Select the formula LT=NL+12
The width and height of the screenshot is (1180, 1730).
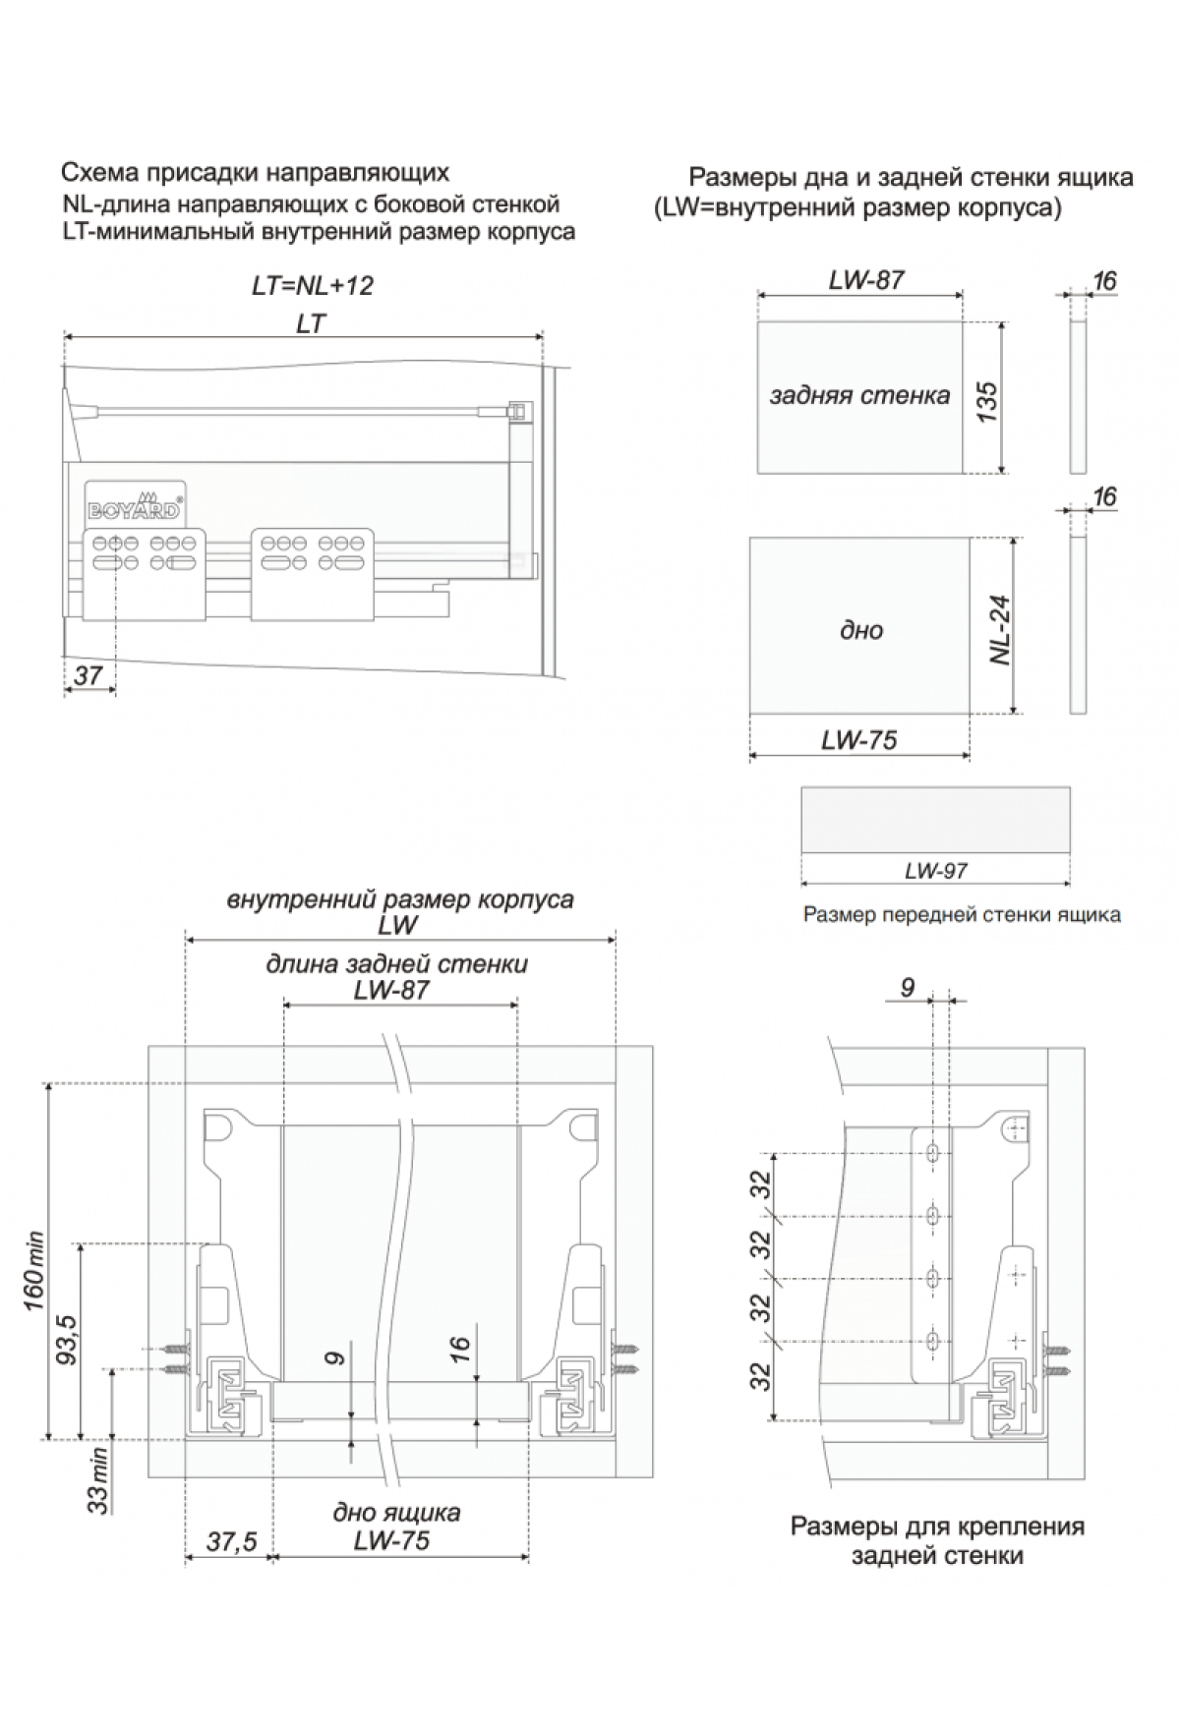click(x=313, y=286)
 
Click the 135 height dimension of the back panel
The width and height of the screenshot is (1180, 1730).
click(x=985, y=401)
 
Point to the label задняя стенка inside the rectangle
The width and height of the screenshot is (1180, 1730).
click(x=859, y=395)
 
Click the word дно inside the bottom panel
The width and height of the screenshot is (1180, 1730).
click(x=861, y=630)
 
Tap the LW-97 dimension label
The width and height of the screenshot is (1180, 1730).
click(x=936, y=870)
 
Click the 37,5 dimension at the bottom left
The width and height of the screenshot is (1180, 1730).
click(x=231, y=1542)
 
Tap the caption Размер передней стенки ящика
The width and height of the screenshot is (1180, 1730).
click(x=962, y=915)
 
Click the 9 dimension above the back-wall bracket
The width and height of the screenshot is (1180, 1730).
click(x=907, y=987)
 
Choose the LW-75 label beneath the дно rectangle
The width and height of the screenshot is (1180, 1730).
click(x=859, y=739)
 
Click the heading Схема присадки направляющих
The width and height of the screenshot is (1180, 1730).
click(x=255, y=174)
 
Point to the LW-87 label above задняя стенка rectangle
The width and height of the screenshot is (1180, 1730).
click(x=865, y=280)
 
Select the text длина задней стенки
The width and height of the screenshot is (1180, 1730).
click(x=396, y=964)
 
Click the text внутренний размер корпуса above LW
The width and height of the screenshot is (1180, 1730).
click(x=399, y=900)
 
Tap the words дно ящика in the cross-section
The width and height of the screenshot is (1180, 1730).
click(x=396, y=1511)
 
